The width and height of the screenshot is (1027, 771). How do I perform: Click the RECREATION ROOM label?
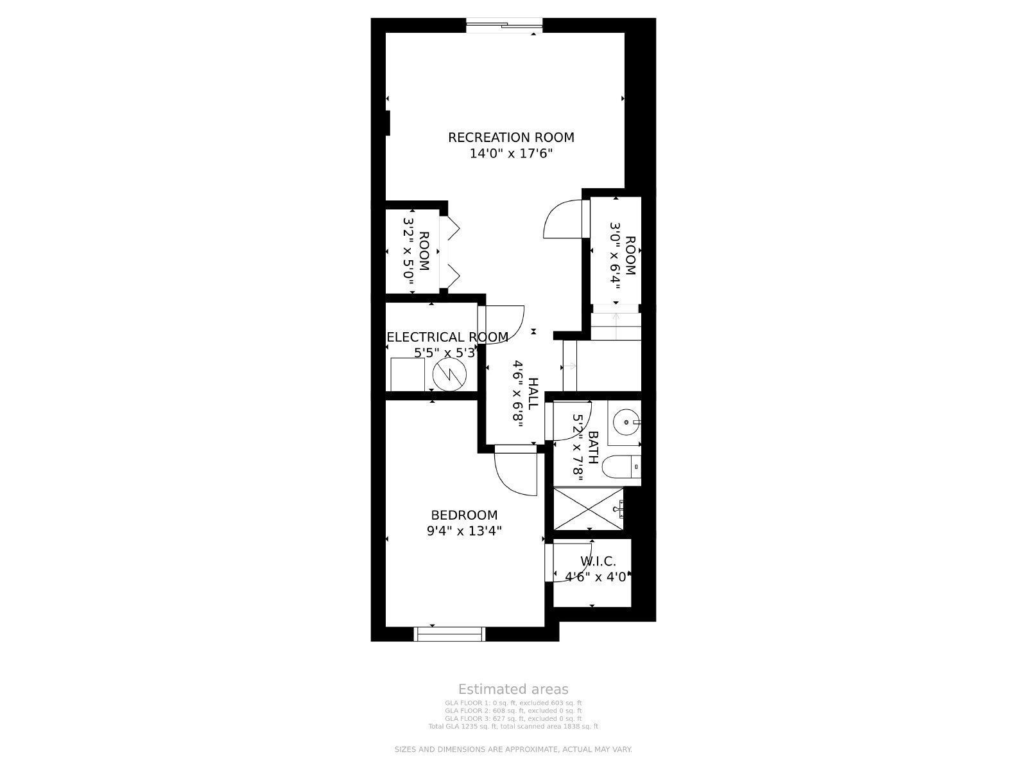click(511, 137)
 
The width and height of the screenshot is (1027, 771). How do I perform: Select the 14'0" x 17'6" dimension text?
click(511, 154)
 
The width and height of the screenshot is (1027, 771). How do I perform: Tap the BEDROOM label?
click(464, 515)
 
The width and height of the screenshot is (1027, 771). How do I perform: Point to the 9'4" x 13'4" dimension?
click(464, 531)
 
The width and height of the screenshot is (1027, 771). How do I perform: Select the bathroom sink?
click(625, 423)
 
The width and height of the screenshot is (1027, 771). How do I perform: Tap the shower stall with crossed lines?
click(588, 509)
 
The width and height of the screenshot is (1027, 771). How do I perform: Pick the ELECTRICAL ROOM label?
click(447, 337)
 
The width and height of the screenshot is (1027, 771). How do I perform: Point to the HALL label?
click(533, 393)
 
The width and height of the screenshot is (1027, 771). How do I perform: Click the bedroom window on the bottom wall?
click(449, 634)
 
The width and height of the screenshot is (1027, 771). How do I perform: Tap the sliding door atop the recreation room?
click(505, 26)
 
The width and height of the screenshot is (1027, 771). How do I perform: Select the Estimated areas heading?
click(513, 689)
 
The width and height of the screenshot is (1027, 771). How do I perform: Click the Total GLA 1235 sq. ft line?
click(513, 726)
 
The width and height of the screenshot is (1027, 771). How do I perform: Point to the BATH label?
click(593, 448)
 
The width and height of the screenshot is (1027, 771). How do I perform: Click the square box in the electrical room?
click(407, 374)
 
